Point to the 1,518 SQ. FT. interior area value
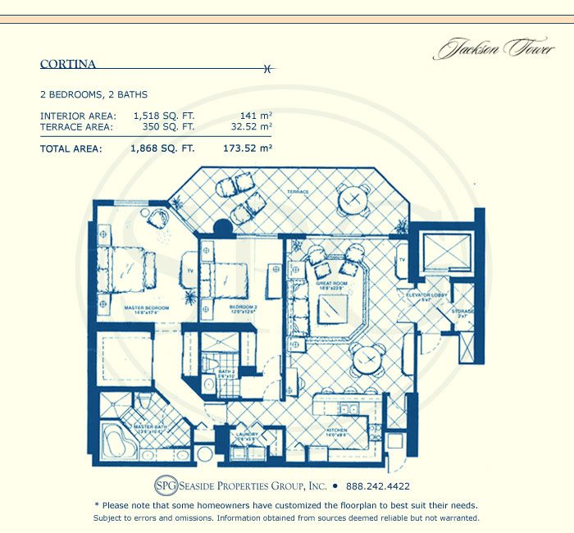point(162,116)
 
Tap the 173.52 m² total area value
point(247,149)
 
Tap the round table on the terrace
point(353,198)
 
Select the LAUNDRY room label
point(247,436)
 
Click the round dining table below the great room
point(367,358)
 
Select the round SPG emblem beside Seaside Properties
point(166,484)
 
